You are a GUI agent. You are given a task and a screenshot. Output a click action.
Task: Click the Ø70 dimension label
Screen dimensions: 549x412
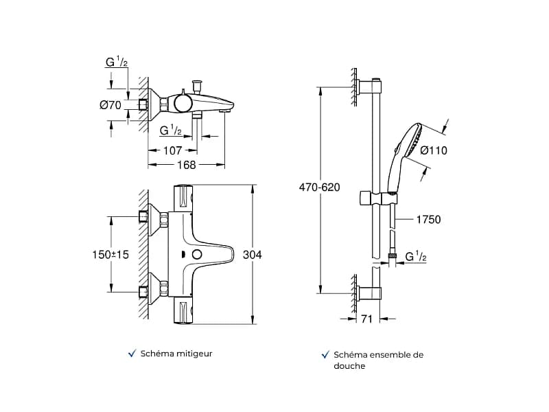coord(110,104)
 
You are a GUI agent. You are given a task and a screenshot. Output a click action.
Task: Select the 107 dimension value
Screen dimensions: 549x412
coord(173,150)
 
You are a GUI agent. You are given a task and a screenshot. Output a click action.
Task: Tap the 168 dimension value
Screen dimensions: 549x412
coord(186,165)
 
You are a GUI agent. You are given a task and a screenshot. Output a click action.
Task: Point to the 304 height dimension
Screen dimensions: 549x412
coord(252,255)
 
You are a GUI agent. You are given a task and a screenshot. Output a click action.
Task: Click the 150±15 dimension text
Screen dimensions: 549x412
coord(110,255)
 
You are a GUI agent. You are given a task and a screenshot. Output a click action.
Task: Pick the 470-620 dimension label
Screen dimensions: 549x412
coord(319,187)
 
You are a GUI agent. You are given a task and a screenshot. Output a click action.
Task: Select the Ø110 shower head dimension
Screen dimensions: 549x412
coord(434,150)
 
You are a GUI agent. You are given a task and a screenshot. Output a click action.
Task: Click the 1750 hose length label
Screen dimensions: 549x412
coord(428,220)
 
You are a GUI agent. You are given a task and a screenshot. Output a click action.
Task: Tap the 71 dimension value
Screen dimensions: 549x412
coord(366,319)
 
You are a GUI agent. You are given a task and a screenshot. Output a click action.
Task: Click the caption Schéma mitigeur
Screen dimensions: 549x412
coord(176,354)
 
